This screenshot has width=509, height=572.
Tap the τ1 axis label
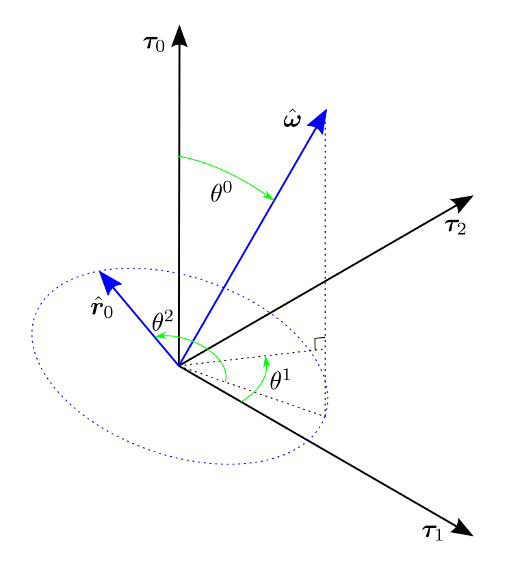pos(432,532)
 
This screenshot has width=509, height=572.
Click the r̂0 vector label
pos(101,308)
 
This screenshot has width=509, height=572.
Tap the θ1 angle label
pos(280,380)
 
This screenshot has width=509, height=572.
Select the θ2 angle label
pos(163,321)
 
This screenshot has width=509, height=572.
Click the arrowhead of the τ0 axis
pos(179,36)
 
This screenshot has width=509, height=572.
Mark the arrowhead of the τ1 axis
pos(462,527)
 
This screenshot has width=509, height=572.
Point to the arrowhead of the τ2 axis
pos(463,201)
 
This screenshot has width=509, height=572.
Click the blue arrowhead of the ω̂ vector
pos(319,119)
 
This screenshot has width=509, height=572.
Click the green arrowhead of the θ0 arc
pos(269,197)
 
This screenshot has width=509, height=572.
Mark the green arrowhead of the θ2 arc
pos(159,336)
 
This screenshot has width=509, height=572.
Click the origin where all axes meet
pos(179,366)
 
